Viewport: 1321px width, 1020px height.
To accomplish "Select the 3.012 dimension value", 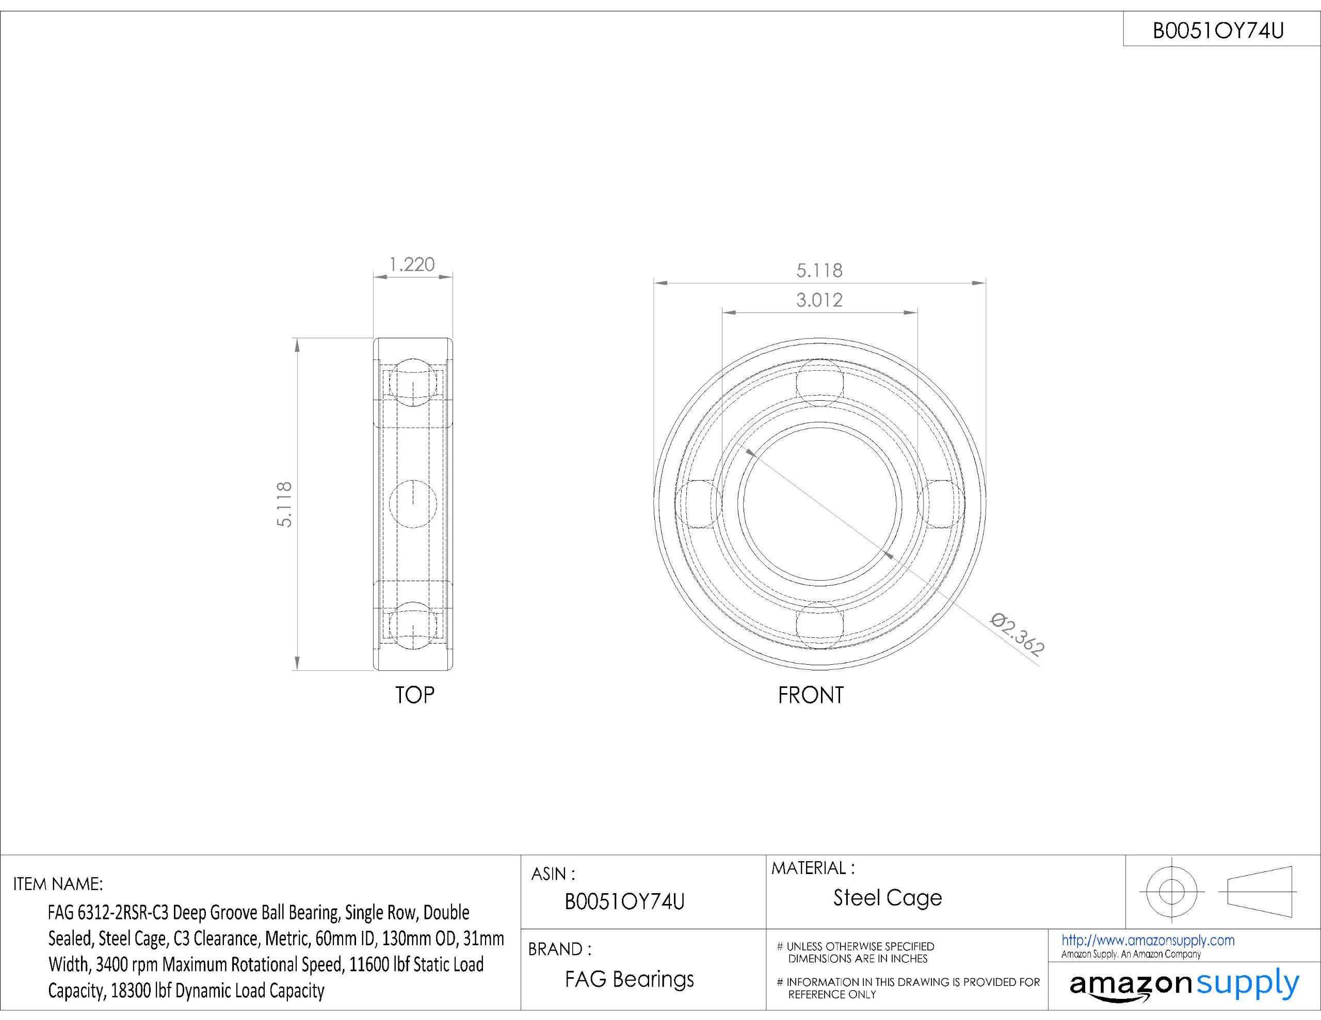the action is pyautogui.click(x=819, y=300).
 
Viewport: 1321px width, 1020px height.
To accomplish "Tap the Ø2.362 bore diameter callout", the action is pyautogui.click(x=1018, y=634).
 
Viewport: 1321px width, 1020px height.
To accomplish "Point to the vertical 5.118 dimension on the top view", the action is pyautogui.click(x=284, y=504).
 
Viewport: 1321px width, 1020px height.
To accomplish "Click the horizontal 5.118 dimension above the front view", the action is pyautogui.click(x=819, y=270).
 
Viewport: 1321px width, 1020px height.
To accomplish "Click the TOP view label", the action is pyautogui.click(x=414, y=695).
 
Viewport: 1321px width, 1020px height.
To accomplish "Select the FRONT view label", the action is pyautogui.click(x=811, y=695).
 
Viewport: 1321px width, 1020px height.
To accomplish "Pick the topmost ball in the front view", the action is pyautogui.click(x=819, y=383).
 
